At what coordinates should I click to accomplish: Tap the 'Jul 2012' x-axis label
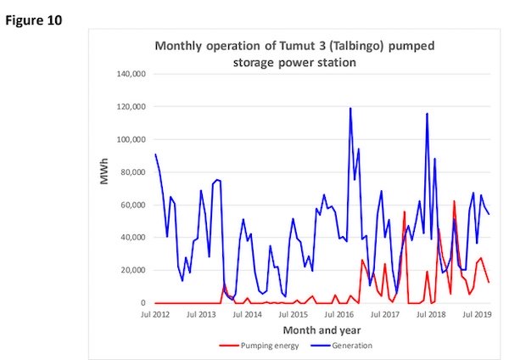coord(155,314)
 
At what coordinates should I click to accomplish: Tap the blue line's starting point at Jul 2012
coord(156,155)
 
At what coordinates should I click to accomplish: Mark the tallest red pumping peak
coord(455,201)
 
